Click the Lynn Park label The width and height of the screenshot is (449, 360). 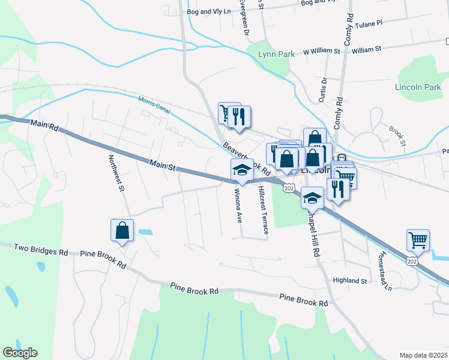pos(276,54)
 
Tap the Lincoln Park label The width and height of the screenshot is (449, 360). pos(418,87)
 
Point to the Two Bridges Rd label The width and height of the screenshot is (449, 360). pos(40,249)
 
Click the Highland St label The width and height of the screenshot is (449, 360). pos(350,281)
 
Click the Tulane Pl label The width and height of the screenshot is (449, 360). pos(368,25)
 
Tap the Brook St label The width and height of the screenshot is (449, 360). pos(397,136)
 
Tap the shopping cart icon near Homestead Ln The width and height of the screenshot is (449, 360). pos(418,241)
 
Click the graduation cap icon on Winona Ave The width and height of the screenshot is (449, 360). pos(243,170)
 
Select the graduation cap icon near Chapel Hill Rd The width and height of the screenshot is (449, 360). pos(312,197)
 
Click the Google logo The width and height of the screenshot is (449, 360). pos(20,353)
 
